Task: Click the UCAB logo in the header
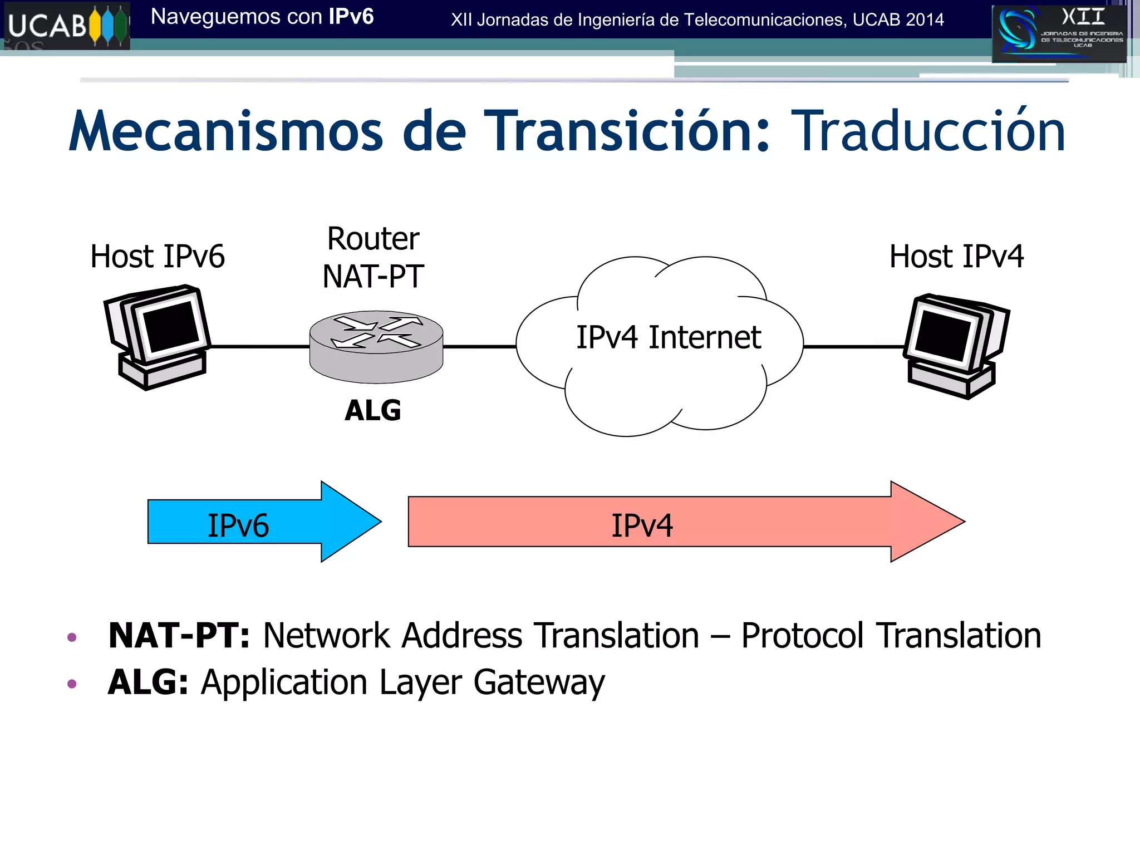coord(66,26)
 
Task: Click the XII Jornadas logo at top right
coord(1059,33)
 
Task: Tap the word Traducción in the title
coord(927,131)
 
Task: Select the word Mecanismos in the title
coord(225,131)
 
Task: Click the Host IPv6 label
coord(158,257)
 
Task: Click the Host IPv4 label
coord(956,257)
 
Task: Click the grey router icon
coord(376,346)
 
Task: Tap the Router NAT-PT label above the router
coord(374,257)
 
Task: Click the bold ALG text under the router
coord(372,411)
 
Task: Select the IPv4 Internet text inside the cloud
coord(668,337)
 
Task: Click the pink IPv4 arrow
coord(668,522)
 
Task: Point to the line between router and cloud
coord(479,346)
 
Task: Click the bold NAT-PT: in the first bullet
coord(179,636)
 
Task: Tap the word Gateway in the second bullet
coord(539,682)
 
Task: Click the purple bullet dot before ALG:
coord(72,684)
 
